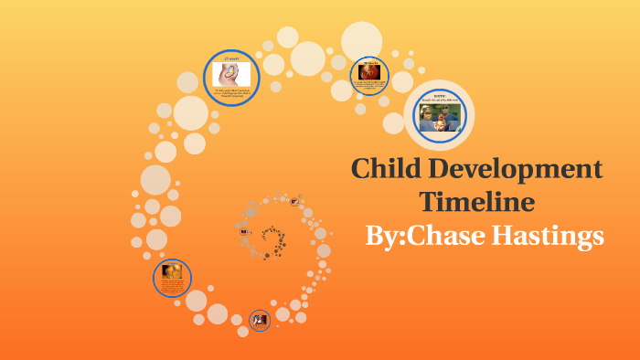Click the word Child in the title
pos(384,170)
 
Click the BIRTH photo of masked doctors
pos(440,118)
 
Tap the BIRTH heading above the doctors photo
pos(440,96)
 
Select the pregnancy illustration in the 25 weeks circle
pos(231,74)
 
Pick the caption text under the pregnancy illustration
pos(231,93)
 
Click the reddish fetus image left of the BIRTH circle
pos(368,70)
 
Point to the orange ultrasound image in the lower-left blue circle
pos(171,270)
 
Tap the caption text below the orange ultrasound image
pos(171,287)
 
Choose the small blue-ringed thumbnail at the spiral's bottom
pos(260,319)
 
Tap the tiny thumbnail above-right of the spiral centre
pos(294,203)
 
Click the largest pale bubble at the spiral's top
pos(361,40)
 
